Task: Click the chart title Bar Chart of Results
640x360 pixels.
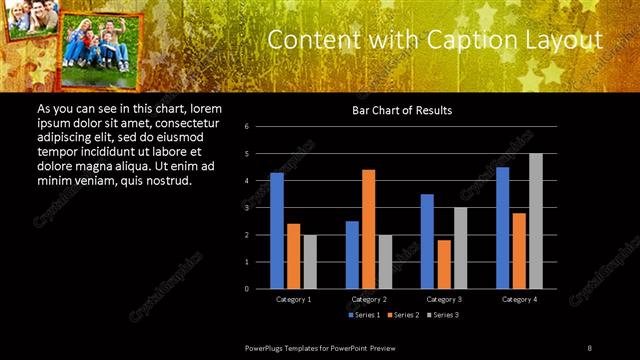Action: (401, 110)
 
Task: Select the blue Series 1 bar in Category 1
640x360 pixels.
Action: (277, 230)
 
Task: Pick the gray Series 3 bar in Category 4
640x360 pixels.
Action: (535, 221)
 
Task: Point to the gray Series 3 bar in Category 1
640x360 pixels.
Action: (310, 261)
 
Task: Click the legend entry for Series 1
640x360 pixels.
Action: (366, 315)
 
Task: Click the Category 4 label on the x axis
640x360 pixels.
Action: (518, 299)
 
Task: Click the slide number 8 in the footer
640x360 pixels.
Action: (589, 347)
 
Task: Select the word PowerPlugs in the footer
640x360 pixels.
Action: (267, 347)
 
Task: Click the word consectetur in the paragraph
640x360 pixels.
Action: (186, 122)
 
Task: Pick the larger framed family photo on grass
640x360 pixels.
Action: (97, 44)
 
